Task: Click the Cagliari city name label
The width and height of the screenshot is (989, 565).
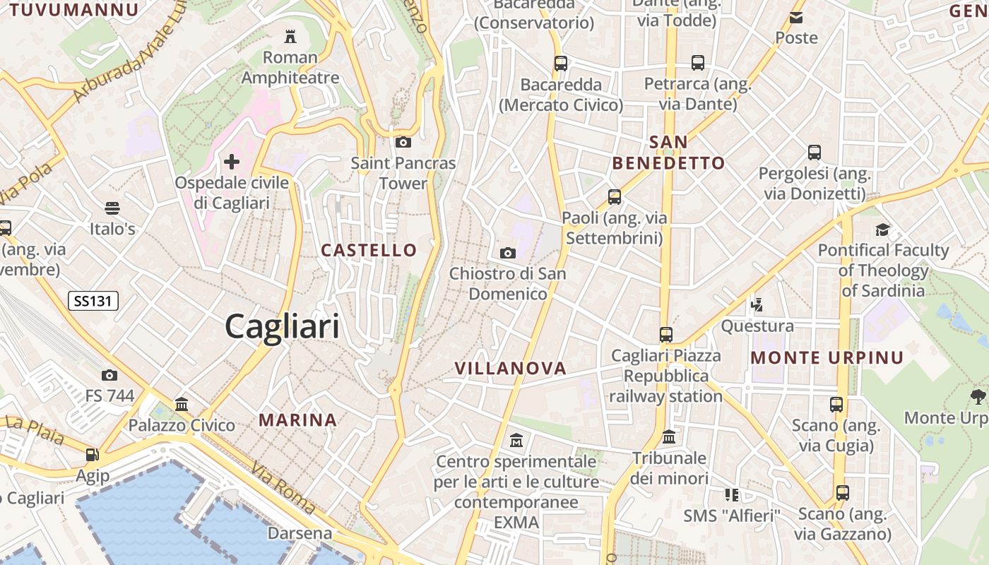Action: (x=282, y=327)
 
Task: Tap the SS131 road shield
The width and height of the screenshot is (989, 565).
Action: (x=93, y=301)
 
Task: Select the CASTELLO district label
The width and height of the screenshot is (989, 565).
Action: (x=369, y=250)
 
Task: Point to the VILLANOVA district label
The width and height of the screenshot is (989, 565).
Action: (x=511, y=368)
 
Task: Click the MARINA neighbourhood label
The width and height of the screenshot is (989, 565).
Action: (x=297, y=420)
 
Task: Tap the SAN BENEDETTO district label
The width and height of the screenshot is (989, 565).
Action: (x=668, y=153)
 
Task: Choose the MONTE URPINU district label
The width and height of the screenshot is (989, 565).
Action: (x=827, y=357)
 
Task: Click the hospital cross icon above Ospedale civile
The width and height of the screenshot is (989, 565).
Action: (x=232, y=162)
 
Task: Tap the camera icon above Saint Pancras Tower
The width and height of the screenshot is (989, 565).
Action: (x=403, y=143)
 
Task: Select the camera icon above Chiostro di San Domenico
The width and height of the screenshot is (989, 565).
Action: (x=507, y=253)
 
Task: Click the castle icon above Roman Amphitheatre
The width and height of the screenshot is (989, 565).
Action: (x=290, y=36)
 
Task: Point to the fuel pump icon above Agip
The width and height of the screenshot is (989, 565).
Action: (x=92, y=455)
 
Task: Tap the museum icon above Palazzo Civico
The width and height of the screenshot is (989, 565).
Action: (x=182, y=405)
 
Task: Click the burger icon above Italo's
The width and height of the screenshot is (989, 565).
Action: (x=112, y=208)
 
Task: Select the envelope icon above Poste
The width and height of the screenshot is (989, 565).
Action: (x=796, y=18)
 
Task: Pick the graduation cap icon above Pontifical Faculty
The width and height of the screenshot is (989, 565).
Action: (x=882, y=230)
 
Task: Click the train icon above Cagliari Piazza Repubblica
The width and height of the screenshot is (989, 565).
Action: (x=665, y=334)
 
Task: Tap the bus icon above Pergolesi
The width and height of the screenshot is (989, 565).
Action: (x=814, y=152)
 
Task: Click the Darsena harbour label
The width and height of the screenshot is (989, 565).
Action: (x=300, y=533)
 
